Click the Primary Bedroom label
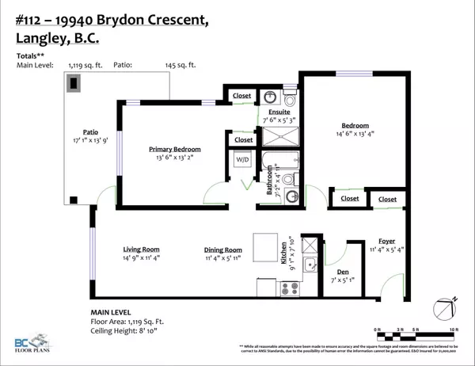[x=175, y=149]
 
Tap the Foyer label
[x=388, y=241]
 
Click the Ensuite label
[x=278, y=112]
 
